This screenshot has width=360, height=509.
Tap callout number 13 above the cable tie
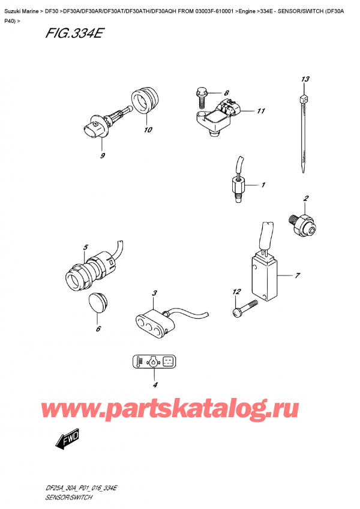(305, 80)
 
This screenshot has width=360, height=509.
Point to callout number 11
(260, 111)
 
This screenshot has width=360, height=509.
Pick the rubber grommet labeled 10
(146, 101)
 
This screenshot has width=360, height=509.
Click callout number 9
(103, 156)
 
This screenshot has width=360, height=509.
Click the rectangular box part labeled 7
(262, 274)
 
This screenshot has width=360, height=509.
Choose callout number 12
(236, 292)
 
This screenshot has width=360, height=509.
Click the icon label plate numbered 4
(153, 362)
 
